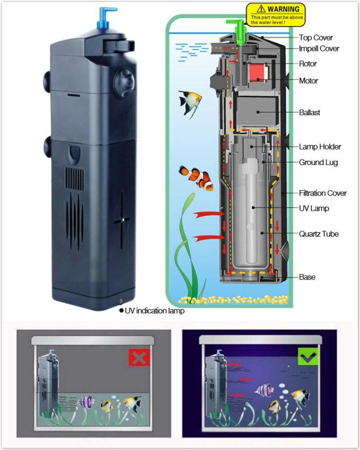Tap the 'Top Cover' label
(x=316, y=37)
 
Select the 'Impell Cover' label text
(x=319, y=48)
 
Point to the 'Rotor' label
(x=308, y=63)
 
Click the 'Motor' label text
(x=308, y=80)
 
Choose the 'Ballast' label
(x=310, y=112)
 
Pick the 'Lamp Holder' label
(x=320, y=147)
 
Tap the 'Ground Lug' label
(x=318, y=162)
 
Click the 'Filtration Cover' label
(x=323, y=193)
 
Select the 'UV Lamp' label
(x=314, y=208)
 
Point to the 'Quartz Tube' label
(x=319, y=234)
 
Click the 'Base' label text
(x=307, y=277)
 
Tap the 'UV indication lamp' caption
(x=154, y=311)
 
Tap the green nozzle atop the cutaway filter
(x=239, y=27)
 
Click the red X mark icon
(x=139, y=357)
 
